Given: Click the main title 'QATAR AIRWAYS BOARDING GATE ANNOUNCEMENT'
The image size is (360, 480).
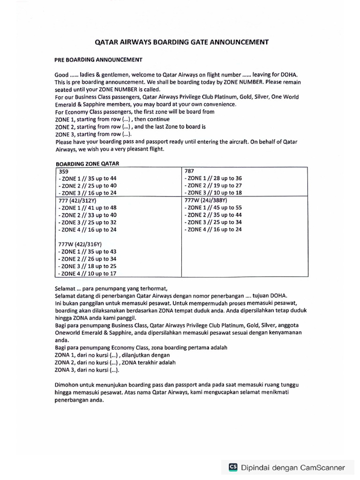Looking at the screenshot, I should [x=182, y=42].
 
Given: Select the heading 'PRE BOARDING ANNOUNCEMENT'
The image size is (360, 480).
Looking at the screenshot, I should [x=99, y=60].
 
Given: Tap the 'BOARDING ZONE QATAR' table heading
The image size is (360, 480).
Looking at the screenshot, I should [x=88, y=164].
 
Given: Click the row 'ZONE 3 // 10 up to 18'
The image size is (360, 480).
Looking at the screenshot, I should [x=214, y=193].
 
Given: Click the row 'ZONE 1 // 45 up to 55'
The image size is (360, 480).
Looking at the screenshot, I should [x=214, y=208].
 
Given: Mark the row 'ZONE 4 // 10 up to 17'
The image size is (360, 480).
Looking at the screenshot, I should [x=87, y=273].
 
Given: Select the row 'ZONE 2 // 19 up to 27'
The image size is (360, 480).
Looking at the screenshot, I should [x=214, y=186].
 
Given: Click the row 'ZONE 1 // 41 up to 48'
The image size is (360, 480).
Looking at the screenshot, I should [x=87, y=208].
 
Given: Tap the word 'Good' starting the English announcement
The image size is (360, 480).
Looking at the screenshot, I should [x=61, y=75].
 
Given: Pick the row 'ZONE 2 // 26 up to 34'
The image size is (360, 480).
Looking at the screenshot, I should [x=87, y=259].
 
